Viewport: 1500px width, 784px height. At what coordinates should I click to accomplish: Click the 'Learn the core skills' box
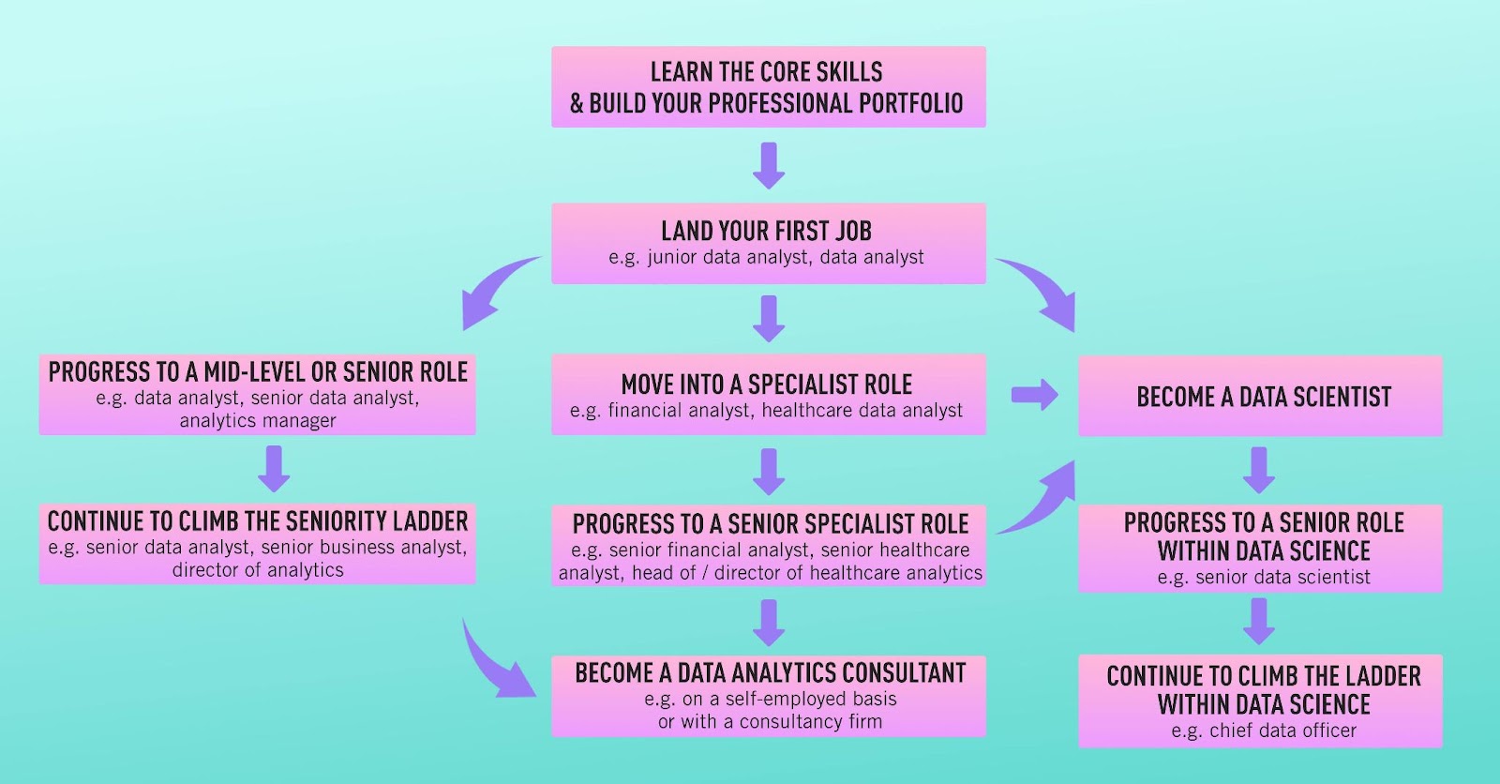(769, 87)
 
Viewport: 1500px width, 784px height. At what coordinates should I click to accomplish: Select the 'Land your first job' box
(769, 244)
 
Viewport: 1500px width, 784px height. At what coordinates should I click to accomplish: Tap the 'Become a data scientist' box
(1260, 396)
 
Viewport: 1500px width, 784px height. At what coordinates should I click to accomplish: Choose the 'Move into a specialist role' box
(769, 395)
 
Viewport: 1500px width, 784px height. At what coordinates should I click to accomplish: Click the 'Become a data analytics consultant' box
(769, 697)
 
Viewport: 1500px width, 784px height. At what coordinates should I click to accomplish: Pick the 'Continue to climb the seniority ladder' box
(258, 544)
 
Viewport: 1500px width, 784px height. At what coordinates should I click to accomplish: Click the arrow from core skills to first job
(769, 165)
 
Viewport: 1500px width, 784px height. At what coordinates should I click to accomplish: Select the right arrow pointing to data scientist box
(1035, 395)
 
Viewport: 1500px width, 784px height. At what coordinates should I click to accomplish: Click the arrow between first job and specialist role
(769, 319)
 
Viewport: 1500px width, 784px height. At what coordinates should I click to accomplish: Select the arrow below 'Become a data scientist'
(1259, 471)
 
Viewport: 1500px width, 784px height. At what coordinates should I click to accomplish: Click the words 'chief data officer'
(1282, 731)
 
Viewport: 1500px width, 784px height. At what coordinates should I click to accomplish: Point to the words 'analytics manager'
(258, 421)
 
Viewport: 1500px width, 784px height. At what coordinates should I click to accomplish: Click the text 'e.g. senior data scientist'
(1264, 577)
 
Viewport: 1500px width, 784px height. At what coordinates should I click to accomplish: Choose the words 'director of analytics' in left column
(258, 570)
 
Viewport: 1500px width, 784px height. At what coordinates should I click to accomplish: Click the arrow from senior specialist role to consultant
(769, 624)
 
